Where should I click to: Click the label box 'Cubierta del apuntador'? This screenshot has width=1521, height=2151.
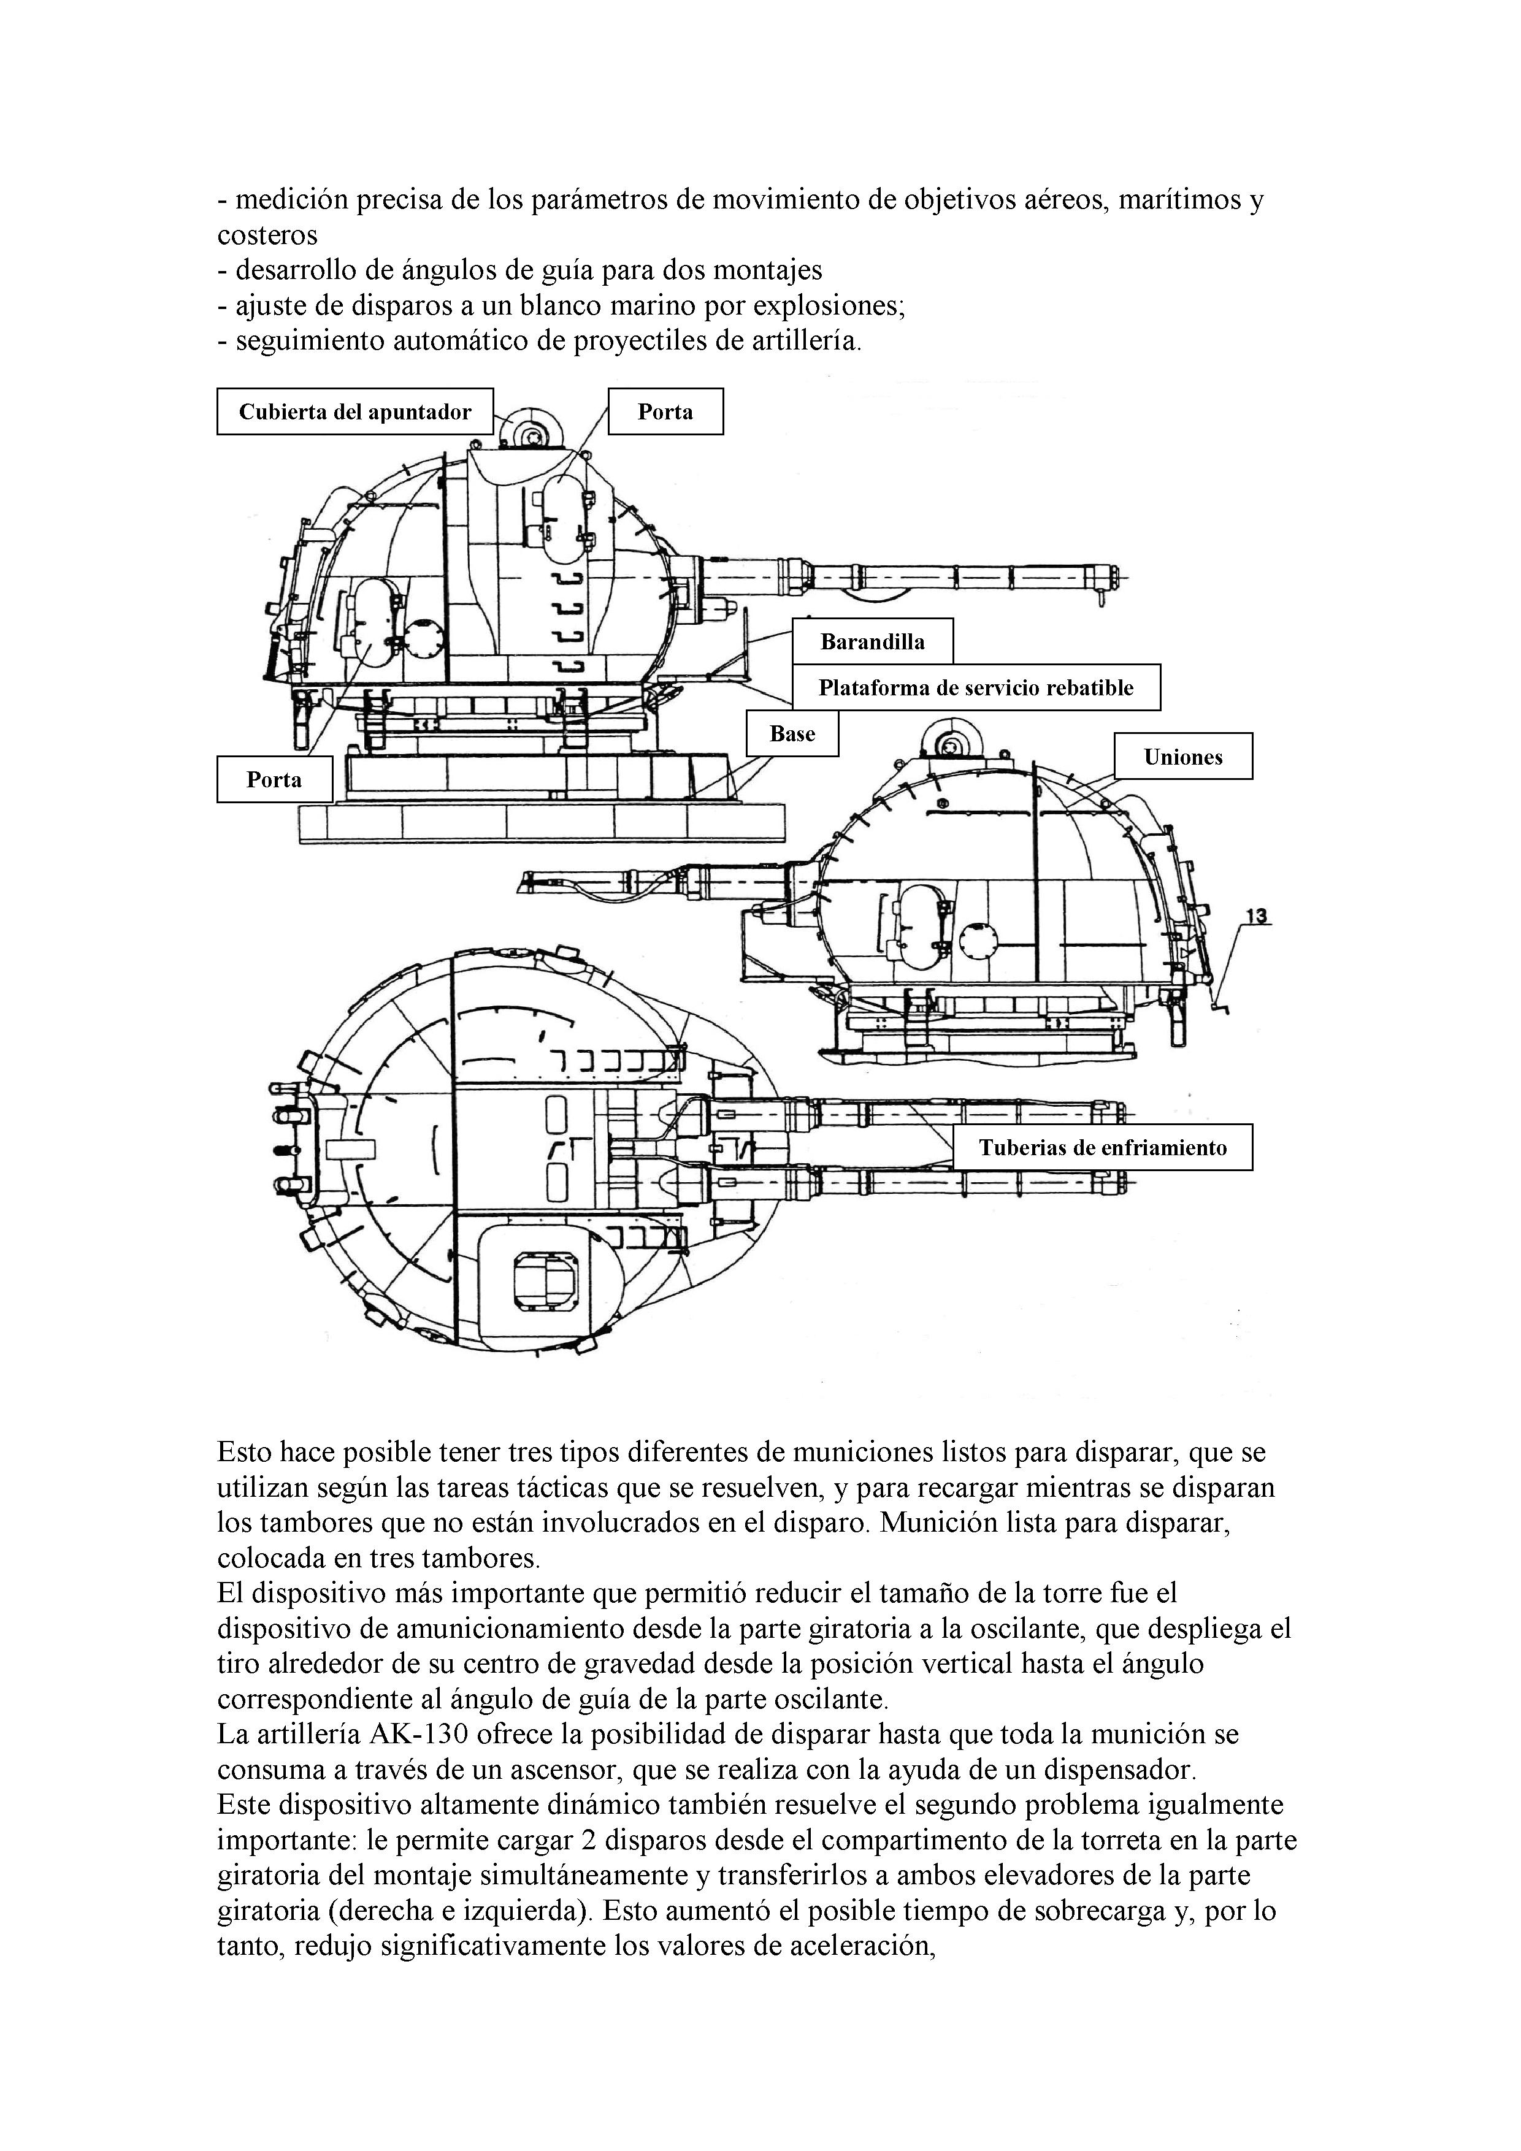tap(354, 412)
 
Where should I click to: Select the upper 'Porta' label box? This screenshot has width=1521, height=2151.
tap(665, 412)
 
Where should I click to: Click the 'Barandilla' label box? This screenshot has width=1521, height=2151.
tap(873, 642)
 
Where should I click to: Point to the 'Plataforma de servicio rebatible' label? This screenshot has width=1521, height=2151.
tap(976, 687)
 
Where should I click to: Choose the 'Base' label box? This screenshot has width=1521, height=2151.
tap(792, 733)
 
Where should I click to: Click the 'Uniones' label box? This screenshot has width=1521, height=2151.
tap(1182, 757)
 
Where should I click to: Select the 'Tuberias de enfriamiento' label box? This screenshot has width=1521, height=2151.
tap(1102, 1148)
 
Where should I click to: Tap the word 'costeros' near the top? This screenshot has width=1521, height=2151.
tap(267, 235)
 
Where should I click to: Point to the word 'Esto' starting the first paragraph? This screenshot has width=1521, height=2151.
tap(245, 1453)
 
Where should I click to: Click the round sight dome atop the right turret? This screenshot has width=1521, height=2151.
tap(950, 746)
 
